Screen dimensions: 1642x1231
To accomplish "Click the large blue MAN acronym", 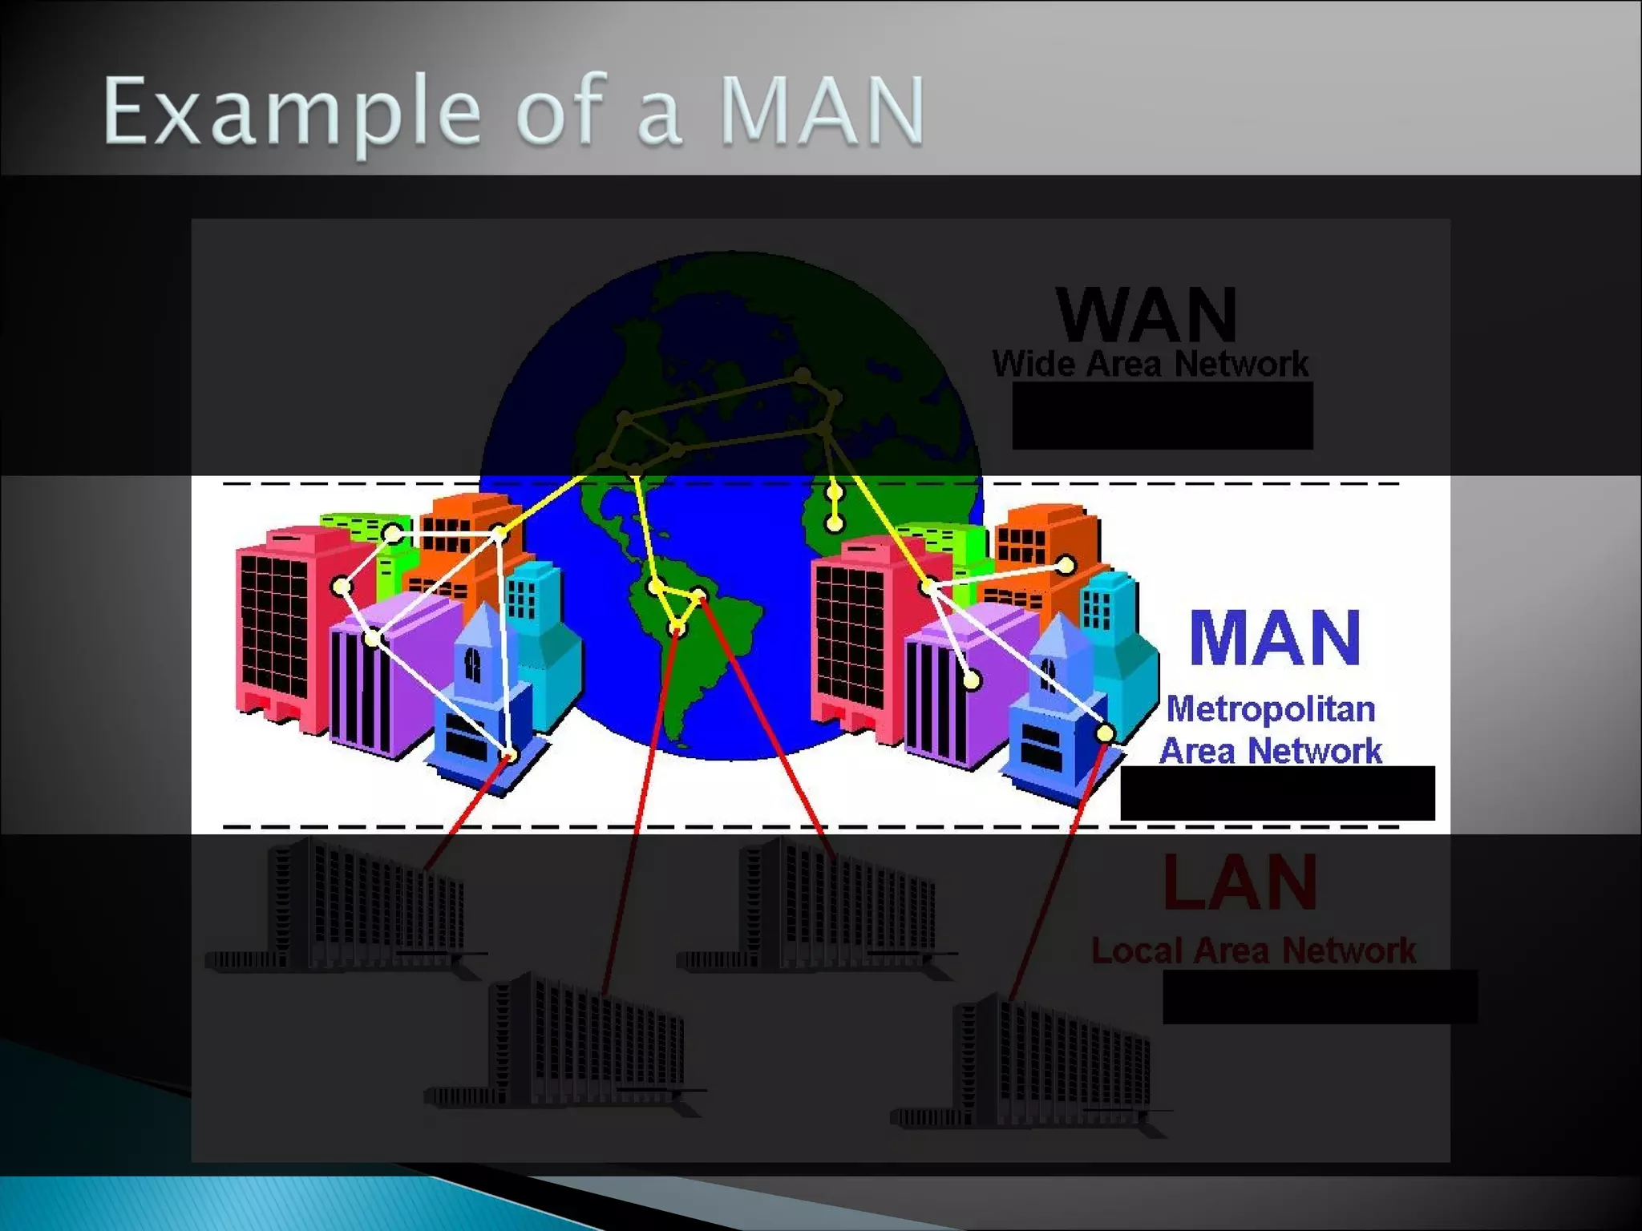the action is tap(1275, 638).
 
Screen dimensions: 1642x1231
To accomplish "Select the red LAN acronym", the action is tap(1240, 882).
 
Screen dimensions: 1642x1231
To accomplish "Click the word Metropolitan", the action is tap(1270, 709).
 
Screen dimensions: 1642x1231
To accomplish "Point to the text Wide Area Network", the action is tap(1150, 364).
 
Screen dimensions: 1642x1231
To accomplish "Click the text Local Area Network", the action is tap(1253, 951).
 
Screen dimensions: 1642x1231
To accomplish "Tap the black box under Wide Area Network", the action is tap(1162, 415).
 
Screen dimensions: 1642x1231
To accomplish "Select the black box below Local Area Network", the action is tap(1319, 996).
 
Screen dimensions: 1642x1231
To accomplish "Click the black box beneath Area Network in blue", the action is tap(1276, 793).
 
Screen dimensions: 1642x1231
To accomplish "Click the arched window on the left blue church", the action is tap(473, 664).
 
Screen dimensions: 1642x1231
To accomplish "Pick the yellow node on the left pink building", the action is tap(342, 587).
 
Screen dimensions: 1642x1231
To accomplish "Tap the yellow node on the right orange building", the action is tap(1066, 566).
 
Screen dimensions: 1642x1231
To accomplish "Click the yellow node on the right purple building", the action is tap(972, 681).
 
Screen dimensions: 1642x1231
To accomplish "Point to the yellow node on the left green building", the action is tap(392, 534).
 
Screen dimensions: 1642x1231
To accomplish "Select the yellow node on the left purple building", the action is tap(373, 639).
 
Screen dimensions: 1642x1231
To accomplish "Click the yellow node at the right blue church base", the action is tap(1105, 733).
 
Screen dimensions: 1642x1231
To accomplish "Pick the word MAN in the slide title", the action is tap(823, 112).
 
